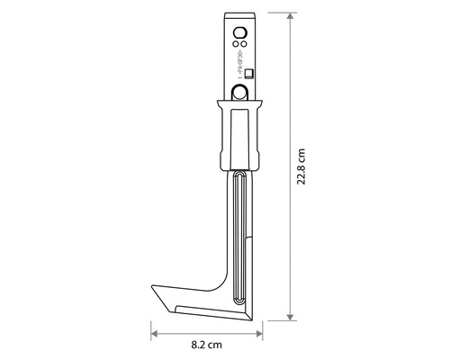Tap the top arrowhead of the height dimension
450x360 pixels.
(289, 16)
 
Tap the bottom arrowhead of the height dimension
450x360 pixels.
(289, 316)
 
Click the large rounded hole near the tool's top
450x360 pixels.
(240, 28)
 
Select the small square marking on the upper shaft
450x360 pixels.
(251, 75)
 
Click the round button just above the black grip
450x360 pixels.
(241, 92)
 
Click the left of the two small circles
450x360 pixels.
(237, 42)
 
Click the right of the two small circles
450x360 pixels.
(245, 42)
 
